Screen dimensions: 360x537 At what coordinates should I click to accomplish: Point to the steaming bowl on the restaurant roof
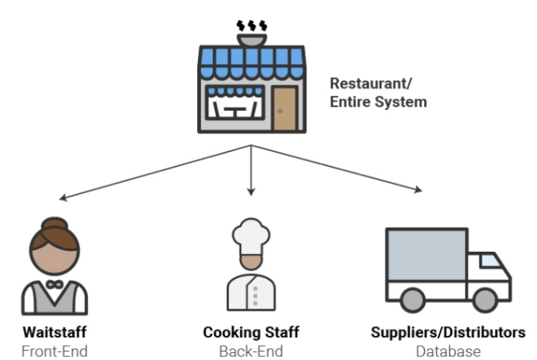coord(252,35)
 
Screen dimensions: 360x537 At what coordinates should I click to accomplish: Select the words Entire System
coord(378,102)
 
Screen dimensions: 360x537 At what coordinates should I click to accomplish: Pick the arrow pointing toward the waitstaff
coord(156,172)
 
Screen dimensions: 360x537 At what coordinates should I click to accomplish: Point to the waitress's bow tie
coord(55,285)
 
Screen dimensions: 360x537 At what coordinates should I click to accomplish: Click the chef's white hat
coord(251,233)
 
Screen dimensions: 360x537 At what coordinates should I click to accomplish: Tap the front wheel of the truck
coord(485,299)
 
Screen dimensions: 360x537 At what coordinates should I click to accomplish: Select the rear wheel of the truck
coord(414,299)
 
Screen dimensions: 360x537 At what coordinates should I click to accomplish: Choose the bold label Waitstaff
coord(54,333)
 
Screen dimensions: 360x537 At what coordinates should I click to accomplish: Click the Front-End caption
coord(54,351)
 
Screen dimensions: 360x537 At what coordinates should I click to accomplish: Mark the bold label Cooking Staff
coord(251,333)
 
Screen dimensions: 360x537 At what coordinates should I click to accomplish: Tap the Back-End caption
coord(251,351)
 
